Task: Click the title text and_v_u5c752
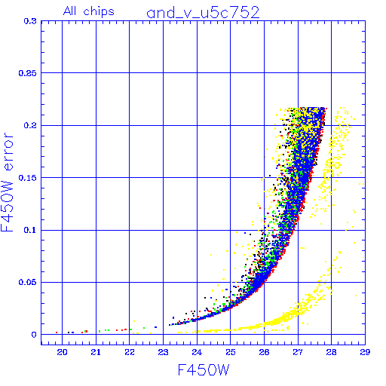click(x=203, y=13)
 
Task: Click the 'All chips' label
click(x=89, y=11)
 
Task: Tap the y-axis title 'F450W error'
click(x=7, y=182)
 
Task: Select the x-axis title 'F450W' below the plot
click(x=204, y=370)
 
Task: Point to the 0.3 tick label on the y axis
click(x=30, y=21)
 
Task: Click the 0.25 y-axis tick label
click(x=28, y=73)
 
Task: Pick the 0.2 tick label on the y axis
click(x=30, y=125)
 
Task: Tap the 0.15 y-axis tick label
click(x=28, y=178)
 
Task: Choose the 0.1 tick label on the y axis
click(x=30, y=230)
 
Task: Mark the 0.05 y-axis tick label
click(x=28, y=282)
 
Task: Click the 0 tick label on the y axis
click(x=34, y=335)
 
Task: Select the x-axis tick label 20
click(x=62, y=352)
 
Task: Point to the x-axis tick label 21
click(x=96, y=352)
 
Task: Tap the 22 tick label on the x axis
click(x=130, y=352)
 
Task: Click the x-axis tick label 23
click(x=163, y=352)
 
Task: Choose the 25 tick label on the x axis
click(x=231, y=352)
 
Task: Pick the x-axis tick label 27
click(x=298, y=352)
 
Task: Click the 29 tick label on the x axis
click(x=365, y=352)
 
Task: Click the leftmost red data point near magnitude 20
click(x=57, y=332)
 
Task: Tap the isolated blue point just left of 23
click(x=156, y=327)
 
